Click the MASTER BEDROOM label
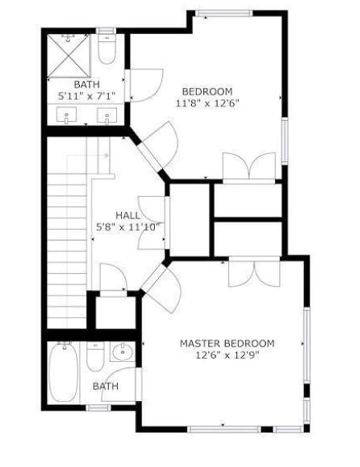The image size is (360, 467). [227, 344]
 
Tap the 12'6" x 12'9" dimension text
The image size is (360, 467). [227, 356]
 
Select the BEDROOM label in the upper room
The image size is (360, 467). [207, 91]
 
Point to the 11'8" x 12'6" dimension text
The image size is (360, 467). [207, 103]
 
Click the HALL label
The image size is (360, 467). [127, 215]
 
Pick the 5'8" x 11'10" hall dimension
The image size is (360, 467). [128, 226]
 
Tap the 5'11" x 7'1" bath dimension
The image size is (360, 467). [87, 96]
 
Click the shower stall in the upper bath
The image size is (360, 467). [69, 56]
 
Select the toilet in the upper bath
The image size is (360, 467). [106, 50]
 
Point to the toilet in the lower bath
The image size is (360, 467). [95, 357]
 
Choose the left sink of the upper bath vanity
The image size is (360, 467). [68, 116]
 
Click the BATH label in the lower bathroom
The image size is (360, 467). [105, 386]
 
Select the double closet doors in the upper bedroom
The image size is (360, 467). [249, 167]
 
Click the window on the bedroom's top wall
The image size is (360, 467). [224, 14]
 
